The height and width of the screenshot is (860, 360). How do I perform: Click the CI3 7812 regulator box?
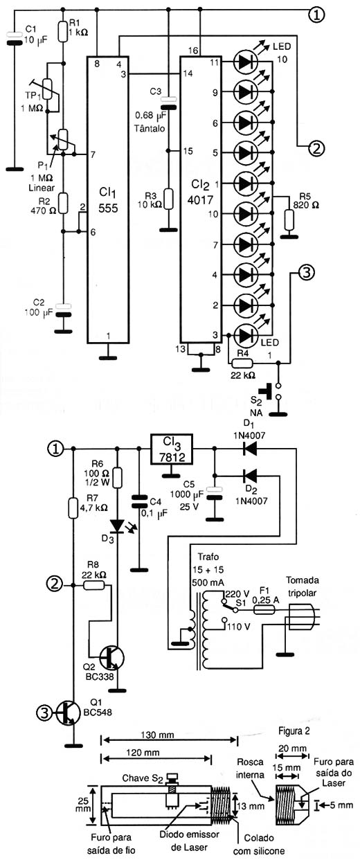coord(172,449)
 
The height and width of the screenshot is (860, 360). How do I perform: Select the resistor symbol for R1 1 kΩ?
coord(63,31)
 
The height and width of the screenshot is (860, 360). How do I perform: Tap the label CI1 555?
coord(108,201)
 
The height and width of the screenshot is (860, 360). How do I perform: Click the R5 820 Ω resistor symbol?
coord(288,220)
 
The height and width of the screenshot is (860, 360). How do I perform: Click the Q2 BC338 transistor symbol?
coord(111,658)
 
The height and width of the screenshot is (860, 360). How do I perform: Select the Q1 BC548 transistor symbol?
coord(68,714)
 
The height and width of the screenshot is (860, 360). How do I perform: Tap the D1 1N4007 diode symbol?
coord(250,448)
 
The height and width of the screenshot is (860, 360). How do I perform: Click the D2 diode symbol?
coord(250,476)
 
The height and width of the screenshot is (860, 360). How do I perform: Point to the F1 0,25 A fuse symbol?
coord(264,609)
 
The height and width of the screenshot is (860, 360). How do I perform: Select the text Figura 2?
coord(294,731)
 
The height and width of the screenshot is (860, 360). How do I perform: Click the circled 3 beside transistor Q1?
coord(44,714)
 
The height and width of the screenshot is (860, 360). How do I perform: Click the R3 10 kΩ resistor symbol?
coord(168,199)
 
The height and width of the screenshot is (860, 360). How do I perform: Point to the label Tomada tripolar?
coord(303,586)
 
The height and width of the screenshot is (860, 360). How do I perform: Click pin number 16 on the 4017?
coord(193,51)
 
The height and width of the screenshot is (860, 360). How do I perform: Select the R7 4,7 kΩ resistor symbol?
coord(73,508)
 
